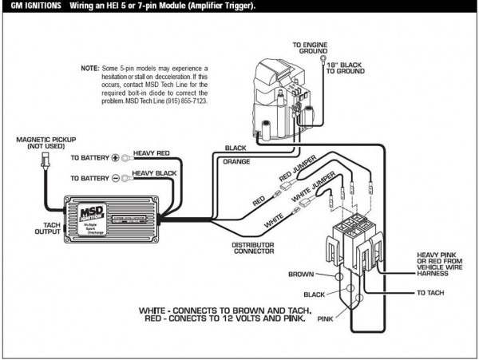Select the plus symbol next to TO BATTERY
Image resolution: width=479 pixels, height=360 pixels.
(114, 158)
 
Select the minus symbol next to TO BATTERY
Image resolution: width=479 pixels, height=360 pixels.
(114, 178)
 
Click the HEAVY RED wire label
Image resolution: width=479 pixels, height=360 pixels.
(152, 153)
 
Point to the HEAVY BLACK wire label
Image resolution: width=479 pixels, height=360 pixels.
(154, 173)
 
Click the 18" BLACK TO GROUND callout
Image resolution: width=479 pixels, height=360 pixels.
(348, 67)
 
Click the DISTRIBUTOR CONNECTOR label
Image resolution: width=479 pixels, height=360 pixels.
(256, 248)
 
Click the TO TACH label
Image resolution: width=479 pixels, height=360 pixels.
(430, 294)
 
